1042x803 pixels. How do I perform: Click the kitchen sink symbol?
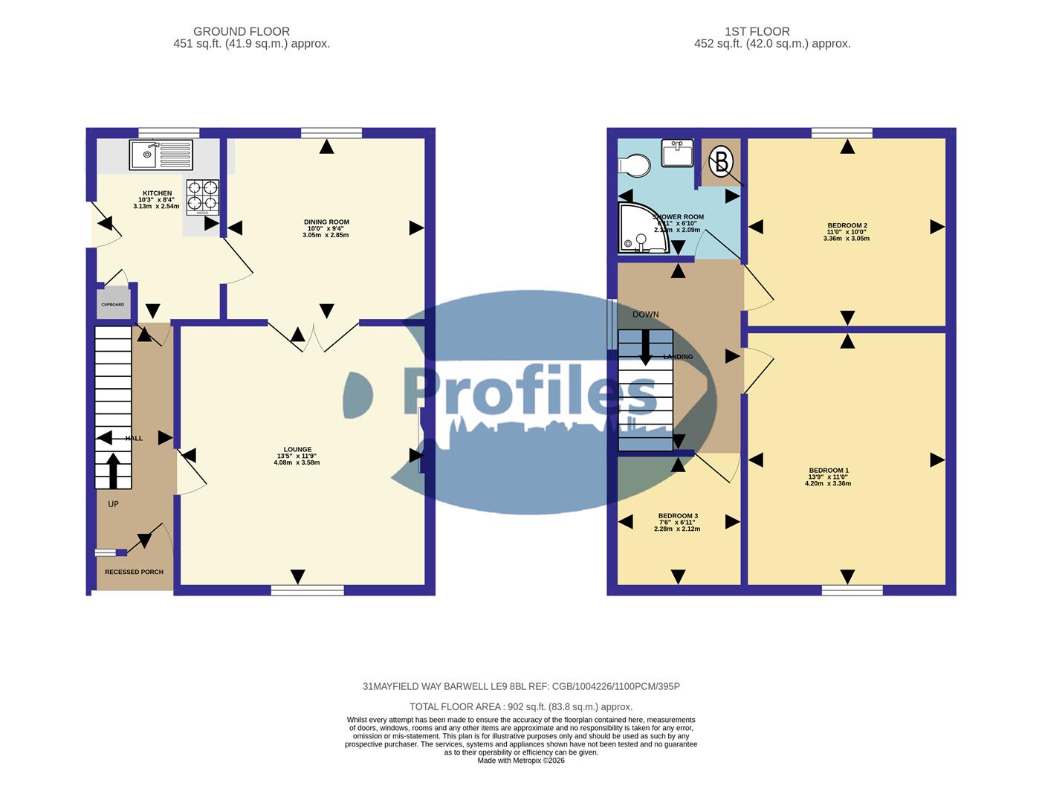pos(161,155)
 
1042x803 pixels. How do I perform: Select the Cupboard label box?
pos(113,305)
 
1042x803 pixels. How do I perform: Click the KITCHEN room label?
pos(157,193)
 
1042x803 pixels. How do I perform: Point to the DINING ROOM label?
pos(326,222)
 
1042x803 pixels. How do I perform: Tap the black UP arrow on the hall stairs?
pos(113,470)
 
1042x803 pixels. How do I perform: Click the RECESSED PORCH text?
pos(134,572)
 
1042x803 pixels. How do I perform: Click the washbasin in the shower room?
pos(677,155)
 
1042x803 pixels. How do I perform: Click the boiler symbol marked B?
pos(720,161)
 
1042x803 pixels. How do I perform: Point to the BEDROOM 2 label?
pos(847,225)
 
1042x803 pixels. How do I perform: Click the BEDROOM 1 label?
pos(828,471)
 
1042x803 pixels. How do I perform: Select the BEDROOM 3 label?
pos(677,516)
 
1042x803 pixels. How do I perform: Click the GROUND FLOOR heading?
pos(242,31)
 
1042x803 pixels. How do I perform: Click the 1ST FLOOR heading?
pos(757,31)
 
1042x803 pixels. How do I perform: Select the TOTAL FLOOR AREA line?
pos(520,707)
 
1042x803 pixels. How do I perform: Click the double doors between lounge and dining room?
pos(314,337)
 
